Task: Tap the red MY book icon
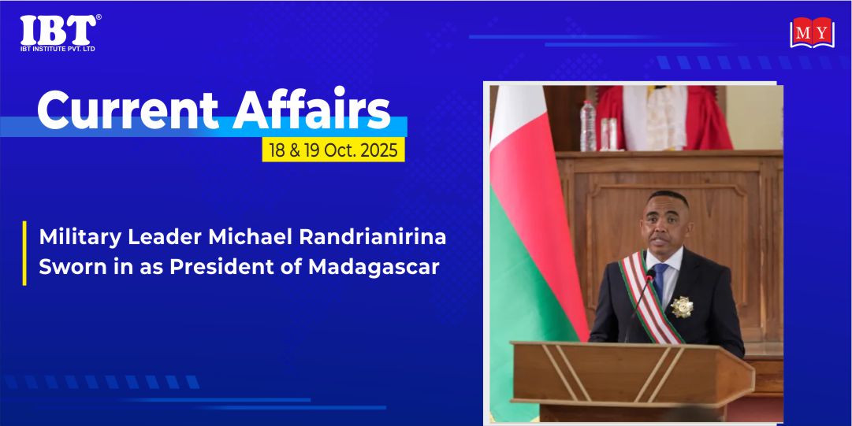(812, 32)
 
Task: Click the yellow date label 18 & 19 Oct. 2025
(333, 150)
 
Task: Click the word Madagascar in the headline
(374, 268)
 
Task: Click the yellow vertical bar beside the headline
(24, 253)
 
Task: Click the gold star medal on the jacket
(682, 307)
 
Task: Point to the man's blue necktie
(660, 280)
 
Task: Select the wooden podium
(631, 379)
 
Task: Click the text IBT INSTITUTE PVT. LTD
(58, 49)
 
